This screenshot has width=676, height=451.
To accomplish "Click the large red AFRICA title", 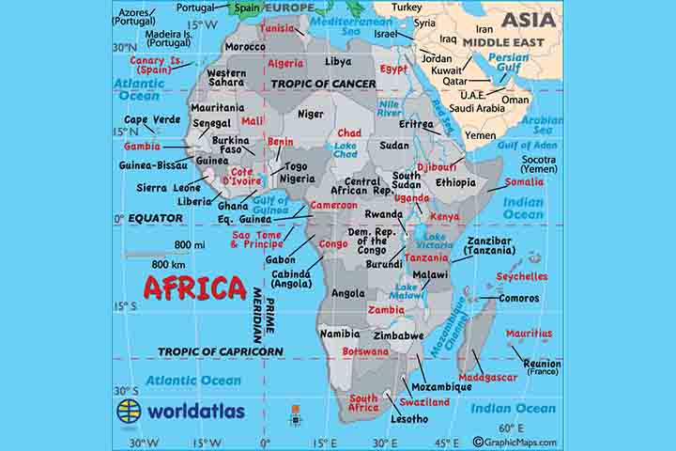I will (194, 288).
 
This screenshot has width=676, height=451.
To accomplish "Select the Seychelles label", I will (522, 276).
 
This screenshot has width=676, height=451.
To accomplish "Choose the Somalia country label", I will (524, 182).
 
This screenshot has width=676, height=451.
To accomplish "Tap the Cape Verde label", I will (152, 119).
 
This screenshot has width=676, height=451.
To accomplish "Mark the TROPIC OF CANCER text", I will (324, 84).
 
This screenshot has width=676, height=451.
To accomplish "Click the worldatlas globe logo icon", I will (129, 412).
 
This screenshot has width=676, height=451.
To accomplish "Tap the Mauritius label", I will (529, 333).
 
